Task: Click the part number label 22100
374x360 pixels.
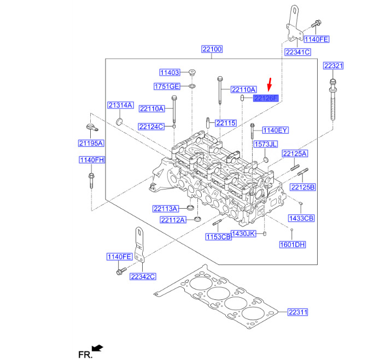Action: [x=211, y=50]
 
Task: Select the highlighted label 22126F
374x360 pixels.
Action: [x=266, y=99]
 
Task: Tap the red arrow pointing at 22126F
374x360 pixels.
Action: [x=269, y=85]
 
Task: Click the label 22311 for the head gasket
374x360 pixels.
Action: [x=298, y=312]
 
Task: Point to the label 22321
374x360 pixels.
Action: [x=333, y=66]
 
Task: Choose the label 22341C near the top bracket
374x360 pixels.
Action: [x=297, y=52]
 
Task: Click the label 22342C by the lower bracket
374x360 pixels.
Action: [x=143, y=276]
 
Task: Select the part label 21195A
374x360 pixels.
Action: [x=91, y=143]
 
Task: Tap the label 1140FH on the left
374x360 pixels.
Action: [x=91, y=160]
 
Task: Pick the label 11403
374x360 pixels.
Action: [x=170, y=73]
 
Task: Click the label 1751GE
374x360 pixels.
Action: [x=167, y=87]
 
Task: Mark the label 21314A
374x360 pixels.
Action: [x=120, y=105]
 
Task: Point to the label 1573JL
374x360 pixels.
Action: [x=265, y=144]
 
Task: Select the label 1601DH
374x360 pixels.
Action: [x=293, y=244]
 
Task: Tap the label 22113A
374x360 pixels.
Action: [x=166, y=209]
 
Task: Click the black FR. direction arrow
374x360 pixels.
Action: [x=97, y=347]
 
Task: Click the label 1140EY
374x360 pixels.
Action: [x=276, y=131]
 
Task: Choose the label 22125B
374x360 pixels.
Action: [x=303, y=187]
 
